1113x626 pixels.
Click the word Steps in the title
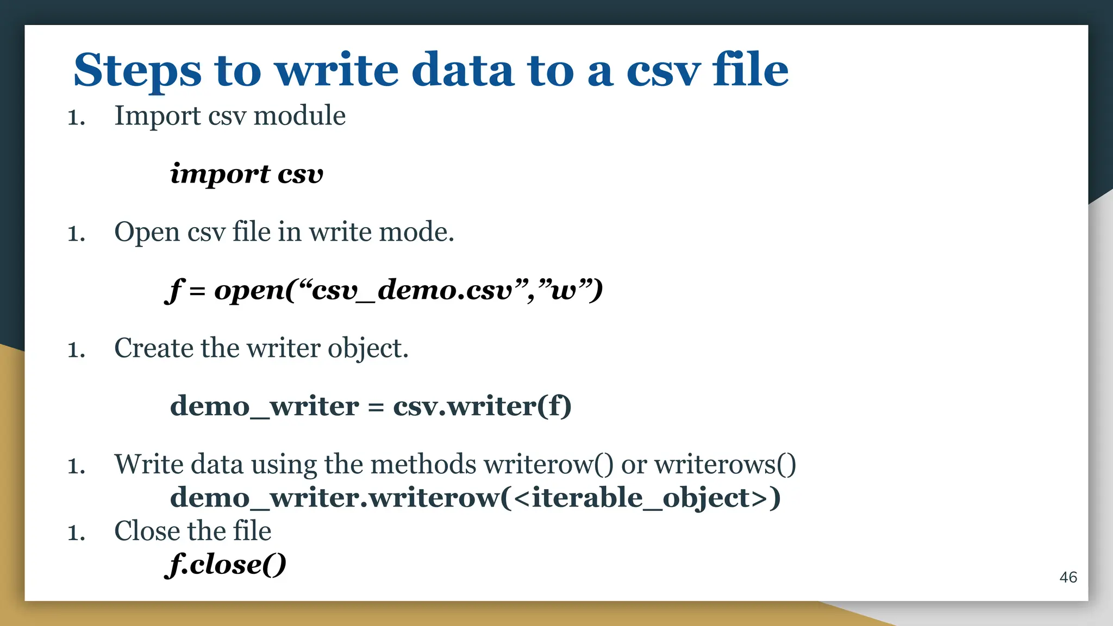coord(137,71)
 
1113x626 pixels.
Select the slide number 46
coord(1068,577)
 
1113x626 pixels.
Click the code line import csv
coord(246,174)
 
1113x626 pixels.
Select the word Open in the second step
coord(147,233)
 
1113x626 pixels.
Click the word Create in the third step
coord(153,348)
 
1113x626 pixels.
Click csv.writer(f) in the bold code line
coord(482,406)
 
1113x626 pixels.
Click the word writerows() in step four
coord(725,465)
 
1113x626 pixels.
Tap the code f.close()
coord(226,565)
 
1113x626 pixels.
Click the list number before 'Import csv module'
coord(76,117)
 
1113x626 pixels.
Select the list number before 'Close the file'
coord(76,533)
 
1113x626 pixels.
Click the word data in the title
coord(462,71)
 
